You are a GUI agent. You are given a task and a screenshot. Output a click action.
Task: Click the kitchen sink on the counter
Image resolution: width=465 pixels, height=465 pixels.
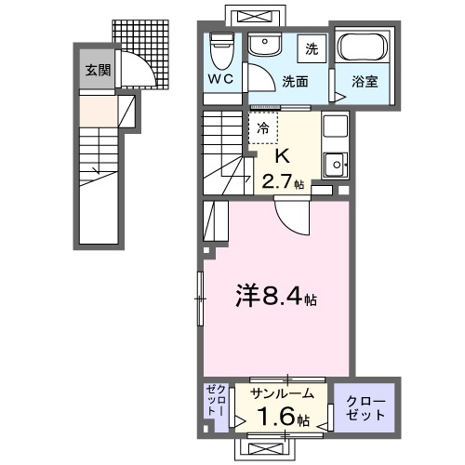tap(333, 166)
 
